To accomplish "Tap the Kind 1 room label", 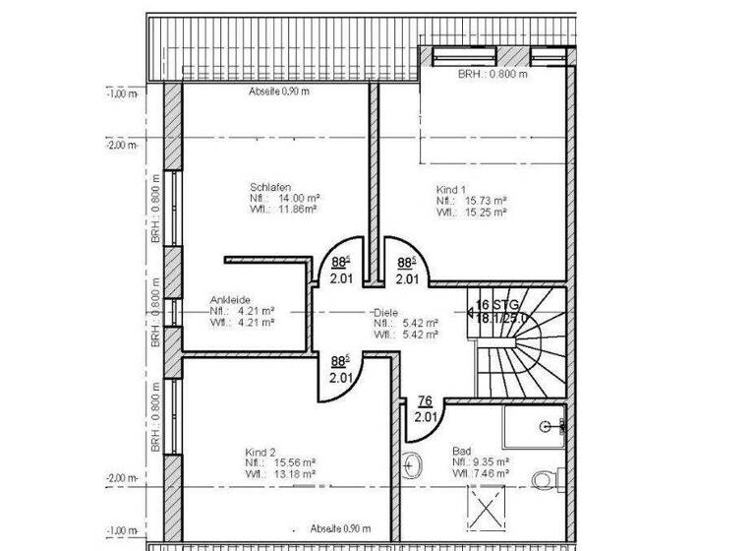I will (450, 188).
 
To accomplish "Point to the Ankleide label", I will (231, 300).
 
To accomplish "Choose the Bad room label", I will (461, 450).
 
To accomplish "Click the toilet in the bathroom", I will (543, 478).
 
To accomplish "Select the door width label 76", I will (425, 400).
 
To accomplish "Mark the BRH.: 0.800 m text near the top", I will (493, 74).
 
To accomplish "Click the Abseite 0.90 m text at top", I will (280, 92).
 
